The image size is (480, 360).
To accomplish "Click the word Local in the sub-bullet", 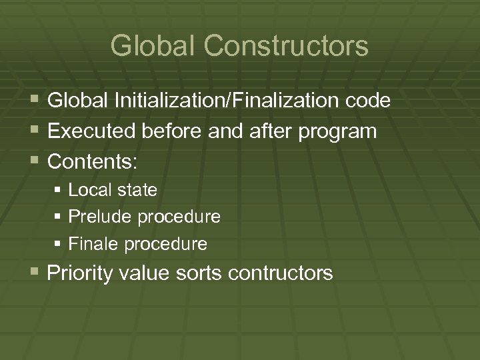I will [91, 190].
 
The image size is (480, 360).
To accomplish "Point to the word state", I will [137, 190].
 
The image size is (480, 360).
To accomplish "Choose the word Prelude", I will [100, 217].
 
